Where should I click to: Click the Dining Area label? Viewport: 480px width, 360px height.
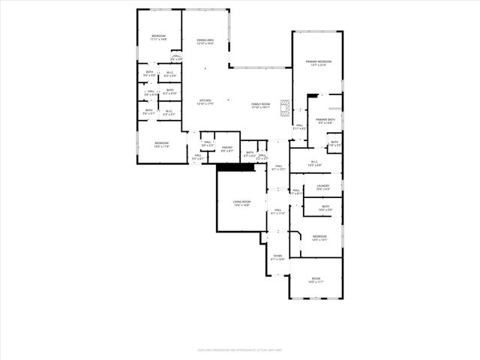click(x=205, y=42)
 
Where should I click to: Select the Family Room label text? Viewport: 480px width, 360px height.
click(x=260, y=106)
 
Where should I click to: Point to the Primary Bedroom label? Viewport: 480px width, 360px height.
click(x=318, y=63)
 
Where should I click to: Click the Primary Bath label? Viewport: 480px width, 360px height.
click(x=325, y=121)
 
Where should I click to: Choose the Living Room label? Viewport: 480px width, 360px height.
click(x=241, y=202)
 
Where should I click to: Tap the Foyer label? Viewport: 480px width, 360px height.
click(x=277, y=258)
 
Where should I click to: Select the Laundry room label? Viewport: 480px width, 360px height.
click(x=323, y=187)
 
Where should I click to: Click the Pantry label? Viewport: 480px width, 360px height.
click(x=226, y=149)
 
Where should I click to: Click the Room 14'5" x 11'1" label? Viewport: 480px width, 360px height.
click(x=316, y=280)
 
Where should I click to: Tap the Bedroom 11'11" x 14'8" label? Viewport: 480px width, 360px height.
click(x=158, y=38)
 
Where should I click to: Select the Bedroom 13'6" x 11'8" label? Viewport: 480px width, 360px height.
click(x=162, y=145)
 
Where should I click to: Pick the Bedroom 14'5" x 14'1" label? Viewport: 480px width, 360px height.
click(x=319, y=238)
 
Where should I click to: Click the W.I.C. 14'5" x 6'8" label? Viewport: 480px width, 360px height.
click(x=314, y=163)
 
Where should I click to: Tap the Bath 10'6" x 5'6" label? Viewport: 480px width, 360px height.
click(x=325, y=208)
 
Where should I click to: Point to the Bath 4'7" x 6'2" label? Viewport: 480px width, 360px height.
click(x=250, y=154)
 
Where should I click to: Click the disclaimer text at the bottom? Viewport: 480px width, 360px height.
click(x=240, y=349)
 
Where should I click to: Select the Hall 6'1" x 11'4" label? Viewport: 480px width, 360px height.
click(x=277, y=211)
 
